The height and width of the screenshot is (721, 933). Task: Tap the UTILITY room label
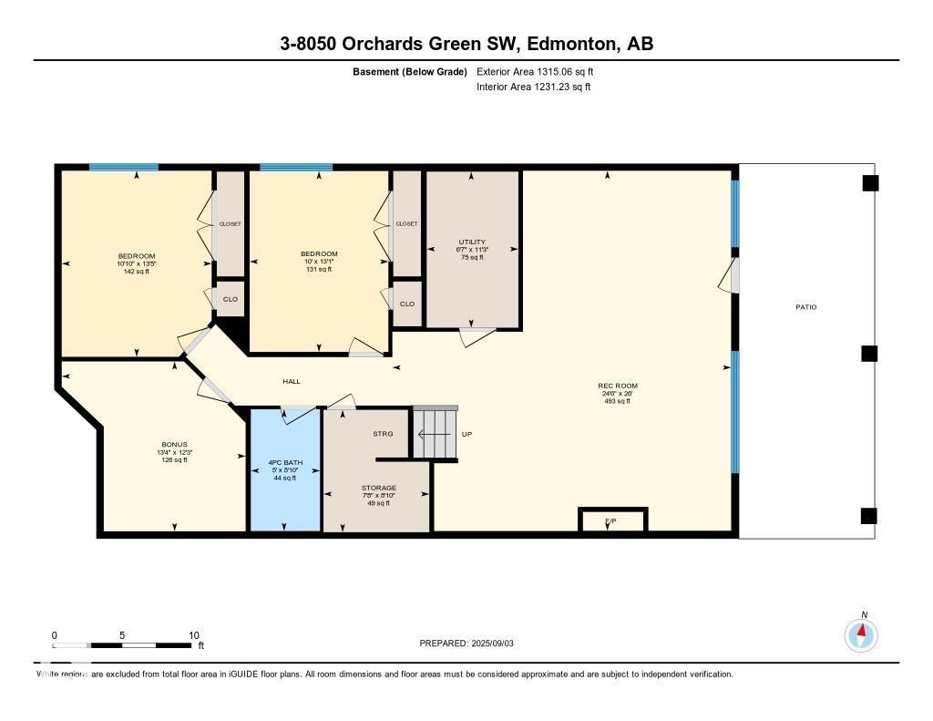click(x=473, y=242)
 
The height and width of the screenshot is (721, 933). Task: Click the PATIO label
click(x=805, y=307)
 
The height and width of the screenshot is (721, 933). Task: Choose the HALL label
click(x=292, y=382)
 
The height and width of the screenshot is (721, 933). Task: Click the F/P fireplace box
click(x=613, y=520)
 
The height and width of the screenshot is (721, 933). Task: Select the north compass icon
click(x=861, y=633)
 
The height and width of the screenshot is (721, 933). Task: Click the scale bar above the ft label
click(x=123, y=645)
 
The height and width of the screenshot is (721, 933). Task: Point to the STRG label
click(x=383, y=434)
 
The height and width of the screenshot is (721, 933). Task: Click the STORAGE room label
click(x=377, y=489)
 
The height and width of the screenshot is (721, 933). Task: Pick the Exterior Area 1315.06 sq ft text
click(x=536, y=71)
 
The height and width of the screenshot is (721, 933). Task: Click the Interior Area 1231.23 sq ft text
click(x=534, y=88)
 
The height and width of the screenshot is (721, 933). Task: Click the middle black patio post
click(x=869, y=354)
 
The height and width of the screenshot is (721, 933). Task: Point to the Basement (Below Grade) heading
click(x=409, y=71)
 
